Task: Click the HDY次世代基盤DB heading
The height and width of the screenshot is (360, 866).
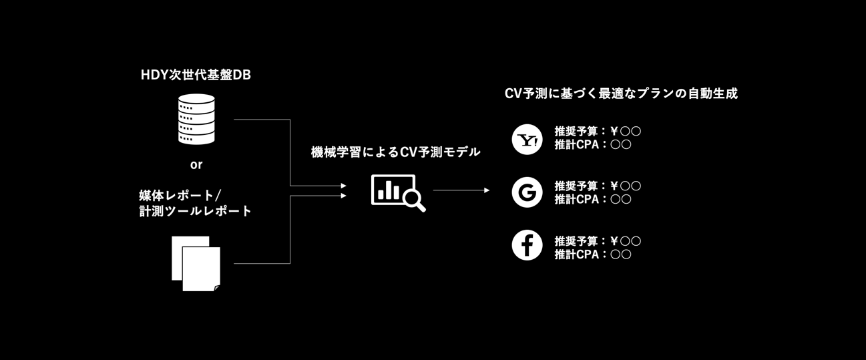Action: click(196, 75)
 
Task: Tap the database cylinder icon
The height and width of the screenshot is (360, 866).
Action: click(196, 119)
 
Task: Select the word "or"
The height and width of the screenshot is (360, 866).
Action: click(196, 165)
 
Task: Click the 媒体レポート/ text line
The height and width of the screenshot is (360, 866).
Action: click(180, 195)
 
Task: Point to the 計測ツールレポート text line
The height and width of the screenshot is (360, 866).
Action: click(196, 211)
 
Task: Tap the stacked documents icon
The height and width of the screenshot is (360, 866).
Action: click(196, 264)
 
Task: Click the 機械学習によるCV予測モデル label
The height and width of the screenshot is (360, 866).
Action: click(395, 152)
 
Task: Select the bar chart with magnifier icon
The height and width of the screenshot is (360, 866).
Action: click(398, 193)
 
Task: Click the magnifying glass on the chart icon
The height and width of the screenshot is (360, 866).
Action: click(414, 200)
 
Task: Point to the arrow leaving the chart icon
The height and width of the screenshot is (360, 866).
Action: click(461, 190)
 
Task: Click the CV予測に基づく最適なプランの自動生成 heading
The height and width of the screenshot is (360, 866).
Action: click(621, 94)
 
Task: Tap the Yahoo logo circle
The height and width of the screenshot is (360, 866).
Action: click(527, 140)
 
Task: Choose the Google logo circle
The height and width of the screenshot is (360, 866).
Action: click(527, 192)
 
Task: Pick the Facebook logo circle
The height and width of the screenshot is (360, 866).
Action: click(527, 245)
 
